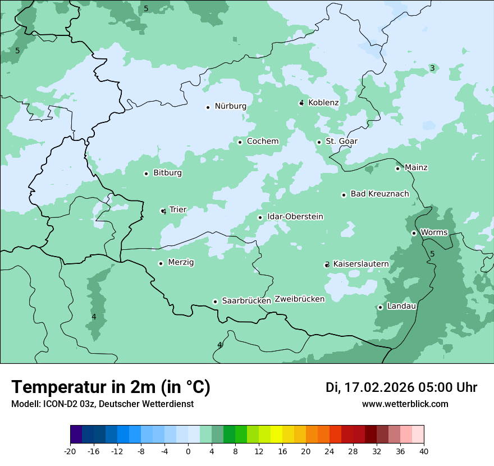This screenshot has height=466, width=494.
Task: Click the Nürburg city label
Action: pyautogui.click(x=230, y=106)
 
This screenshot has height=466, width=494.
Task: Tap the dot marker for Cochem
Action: pyautogui.click(x=240, y=142)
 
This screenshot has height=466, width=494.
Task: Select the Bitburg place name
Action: pyautogui.click(x=167, y=173)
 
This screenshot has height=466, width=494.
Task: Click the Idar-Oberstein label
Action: pyautogui.click(x=295, y=217)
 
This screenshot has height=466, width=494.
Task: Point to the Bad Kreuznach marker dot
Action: pyautogui.click(x=344, y=195)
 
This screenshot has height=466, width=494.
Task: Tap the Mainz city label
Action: pyautogui.click(x=416, y=167)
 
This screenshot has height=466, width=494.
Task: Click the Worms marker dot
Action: pyautogui.click(x=414, y=233)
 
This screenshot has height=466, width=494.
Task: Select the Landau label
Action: pyautogui.click(x=401, y=306)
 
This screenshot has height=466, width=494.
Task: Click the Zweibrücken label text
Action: pyautogui.click(x=299, y=299)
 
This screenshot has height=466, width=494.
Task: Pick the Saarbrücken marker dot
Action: pyautogui.click(x=215, y=301)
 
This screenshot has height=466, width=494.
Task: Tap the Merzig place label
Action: pyautogui.click(x=181, y=262)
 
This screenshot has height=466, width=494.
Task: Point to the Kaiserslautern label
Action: pyautogui.click(x=361, y=264)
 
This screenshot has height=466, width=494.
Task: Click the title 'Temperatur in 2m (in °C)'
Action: pyautogui.click(x=111, y=387)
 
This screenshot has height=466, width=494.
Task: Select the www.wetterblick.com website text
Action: pyautogui.click(x=405, y=404)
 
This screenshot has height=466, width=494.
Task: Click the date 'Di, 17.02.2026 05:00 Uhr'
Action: pyautogui.click(x=401, y=387)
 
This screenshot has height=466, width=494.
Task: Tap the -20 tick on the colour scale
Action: pyautogui.click(x=70, y=451)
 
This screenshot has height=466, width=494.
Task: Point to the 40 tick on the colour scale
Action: pyautogui.click(x=424, y=451)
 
